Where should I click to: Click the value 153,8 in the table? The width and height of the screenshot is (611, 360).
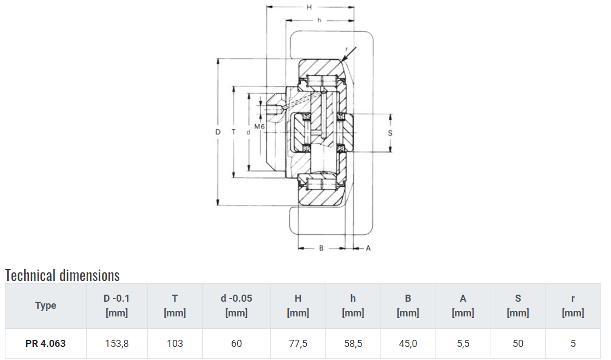[117, 344]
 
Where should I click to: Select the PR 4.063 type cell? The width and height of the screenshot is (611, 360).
[45, 344]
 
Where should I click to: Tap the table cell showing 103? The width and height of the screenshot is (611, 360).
[175, 344]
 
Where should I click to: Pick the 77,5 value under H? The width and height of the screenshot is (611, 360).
[298, 344]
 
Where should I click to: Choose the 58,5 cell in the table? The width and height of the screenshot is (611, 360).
[353, 344]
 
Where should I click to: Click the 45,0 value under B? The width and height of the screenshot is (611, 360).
[408, 344]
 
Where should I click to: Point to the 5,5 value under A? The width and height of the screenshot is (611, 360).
[463, 344]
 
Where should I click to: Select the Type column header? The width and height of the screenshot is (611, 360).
[45, 306]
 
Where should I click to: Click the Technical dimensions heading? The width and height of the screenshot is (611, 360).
[62, 275]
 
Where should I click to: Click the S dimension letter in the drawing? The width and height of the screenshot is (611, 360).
[390, 132]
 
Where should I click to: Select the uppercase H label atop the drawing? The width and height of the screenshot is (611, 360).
[309, 7]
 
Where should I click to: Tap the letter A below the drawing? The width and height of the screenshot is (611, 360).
[368, 248]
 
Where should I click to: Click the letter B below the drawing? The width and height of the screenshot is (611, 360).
[321, 248]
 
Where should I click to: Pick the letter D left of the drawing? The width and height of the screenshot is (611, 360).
[218, 132]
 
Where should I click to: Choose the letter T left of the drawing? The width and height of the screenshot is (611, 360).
[233, 132]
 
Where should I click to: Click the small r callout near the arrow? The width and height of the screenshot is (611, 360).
[347, 48]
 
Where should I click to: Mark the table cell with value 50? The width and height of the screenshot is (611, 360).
[518, 344]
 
